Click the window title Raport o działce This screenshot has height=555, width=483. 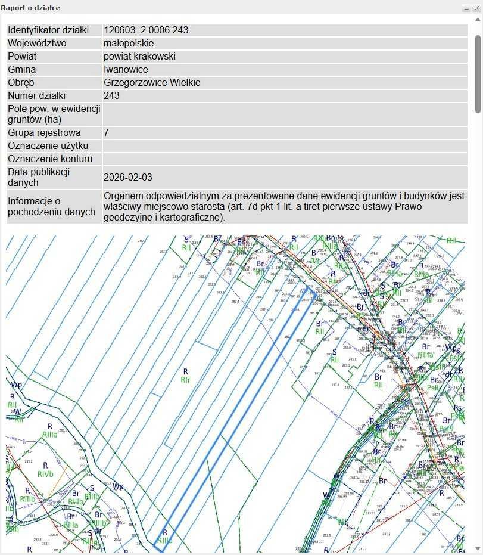click(30, 8)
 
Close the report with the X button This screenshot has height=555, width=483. click(476, 8)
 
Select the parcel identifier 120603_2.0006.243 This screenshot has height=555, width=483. click(146, 30)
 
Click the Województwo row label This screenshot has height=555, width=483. click(37, 44)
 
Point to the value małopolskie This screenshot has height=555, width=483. click(129, 44)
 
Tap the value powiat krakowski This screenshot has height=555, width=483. click(139, 57)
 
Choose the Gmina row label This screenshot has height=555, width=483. click(21, 70)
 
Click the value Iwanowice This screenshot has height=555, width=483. click(126, 70)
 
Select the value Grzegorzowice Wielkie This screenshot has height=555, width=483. click(152, 83)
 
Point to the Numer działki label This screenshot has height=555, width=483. click(36, 96)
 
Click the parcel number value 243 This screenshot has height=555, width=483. click(111, 96)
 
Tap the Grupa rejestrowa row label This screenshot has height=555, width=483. click(44, 133)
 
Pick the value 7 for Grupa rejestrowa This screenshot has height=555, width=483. click(106, 133)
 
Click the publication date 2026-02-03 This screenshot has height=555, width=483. click(128, 178)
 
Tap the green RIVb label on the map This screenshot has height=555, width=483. click(45, 475)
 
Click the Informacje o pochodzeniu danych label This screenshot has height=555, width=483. click(51, 206)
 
